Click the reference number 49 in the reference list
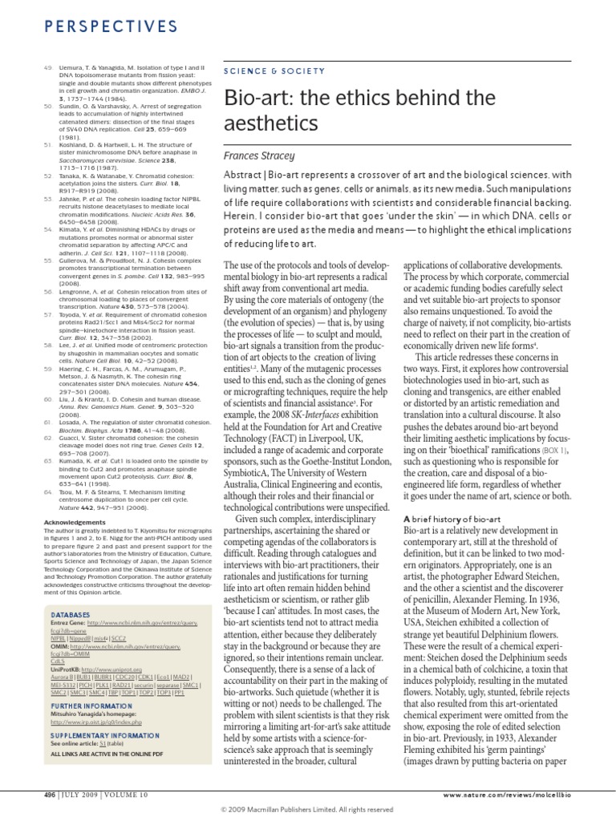[47, 68]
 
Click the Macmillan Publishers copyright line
[307, 810]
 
